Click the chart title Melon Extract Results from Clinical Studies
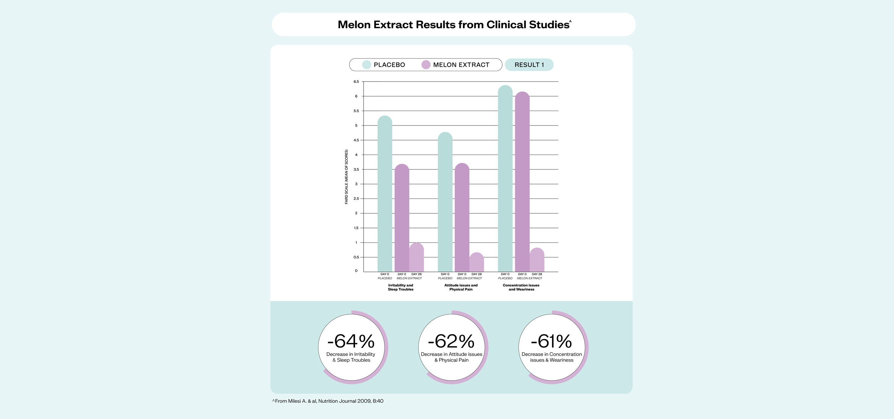[x=454, y=25]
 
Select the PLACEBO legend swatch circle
[x=367, y=65]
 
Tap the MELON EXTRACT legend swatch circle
[x=426, y=65]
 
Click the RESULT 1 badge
[x=529, y=65]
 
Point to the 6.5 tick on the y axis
[x=356, y=82]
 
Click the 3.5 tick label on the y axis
[x=356, y=169]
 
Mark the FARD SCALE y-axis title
[x=346, y=177]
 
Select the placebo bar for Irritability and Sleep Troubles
[x=385, y=194]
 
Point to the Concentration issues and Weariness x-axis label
[x=521, y=287]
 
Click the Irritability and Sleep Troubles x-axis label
[x=400, y=287]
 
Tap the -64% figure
[x=351, y=341]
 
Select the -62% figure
[x=451, y=341]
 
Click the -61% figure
[x=551, y=341]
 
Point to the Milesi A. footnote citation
[x=328, y=401]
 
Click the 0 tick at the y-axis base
[x=356, y=271]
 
